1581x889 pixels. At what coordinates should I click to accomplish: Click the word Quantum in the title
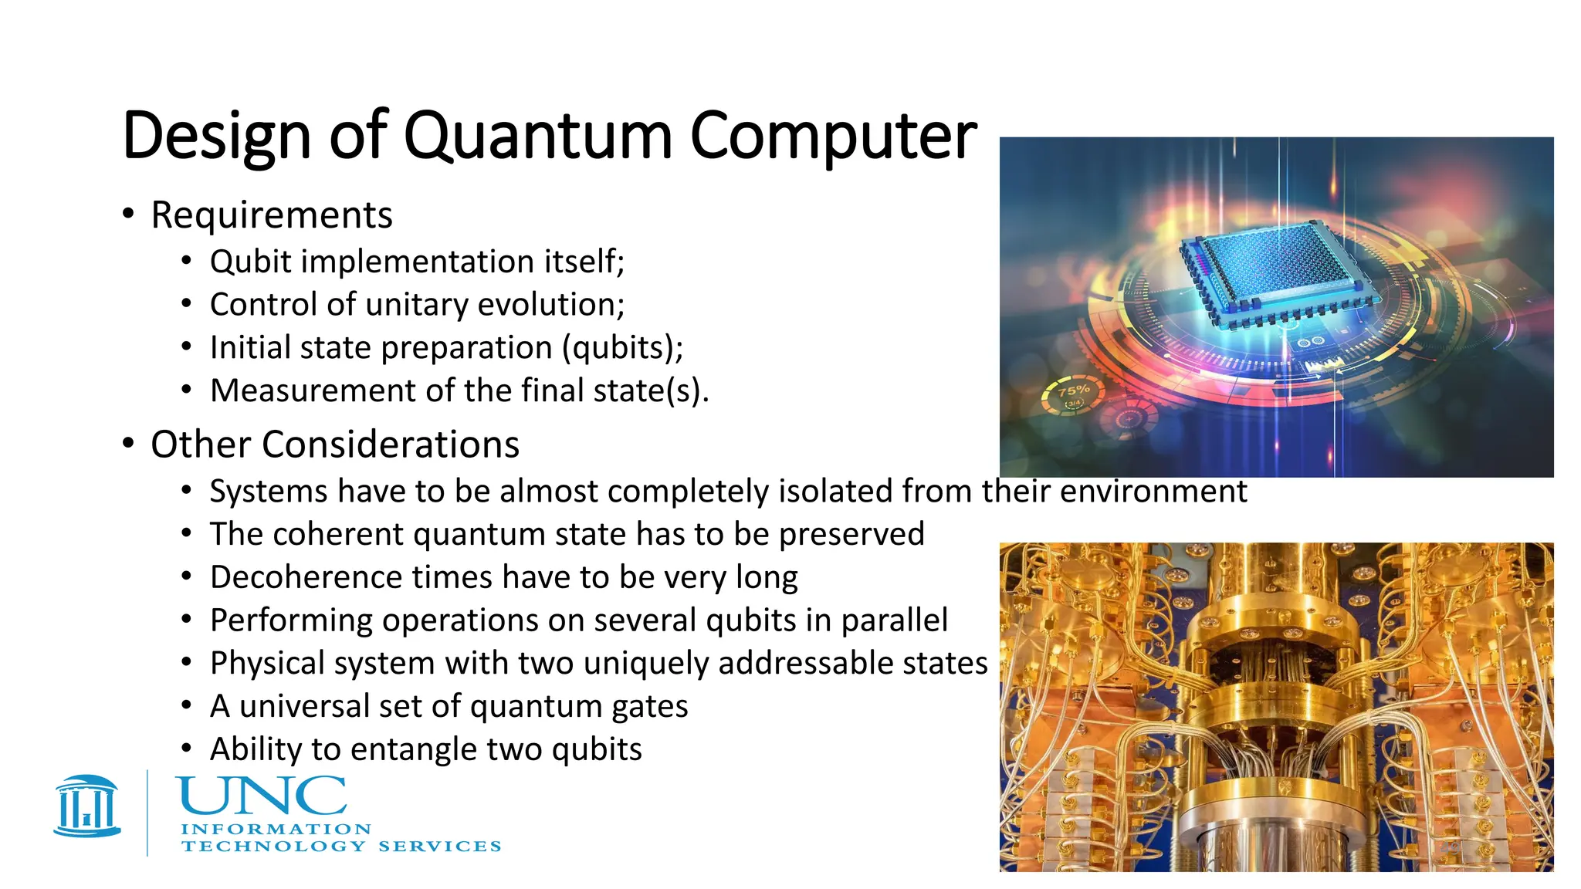tap(537, 137)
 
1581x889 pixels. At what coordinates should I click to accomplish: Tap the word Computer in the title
tap(833, 137)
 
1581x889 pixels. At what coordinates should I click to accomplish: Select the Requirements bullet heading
tap(271, 215)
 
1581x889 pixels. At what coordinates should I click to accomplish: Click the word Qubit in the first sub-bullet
tap(250, 262)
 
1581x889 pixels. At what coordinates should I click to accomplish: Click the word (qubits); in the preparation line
tap(622, 348)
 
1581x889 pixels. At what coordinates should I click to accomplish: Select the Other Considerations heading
tap(334, 445)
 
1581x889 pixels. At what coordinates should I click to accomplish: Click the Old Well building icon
tap(87, 806)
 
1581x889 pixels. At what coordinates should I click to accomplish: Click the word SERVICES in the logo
tap(439, 847)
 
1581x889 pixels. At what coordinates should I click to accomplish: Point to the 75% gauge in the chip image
tap(1074, 395)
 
